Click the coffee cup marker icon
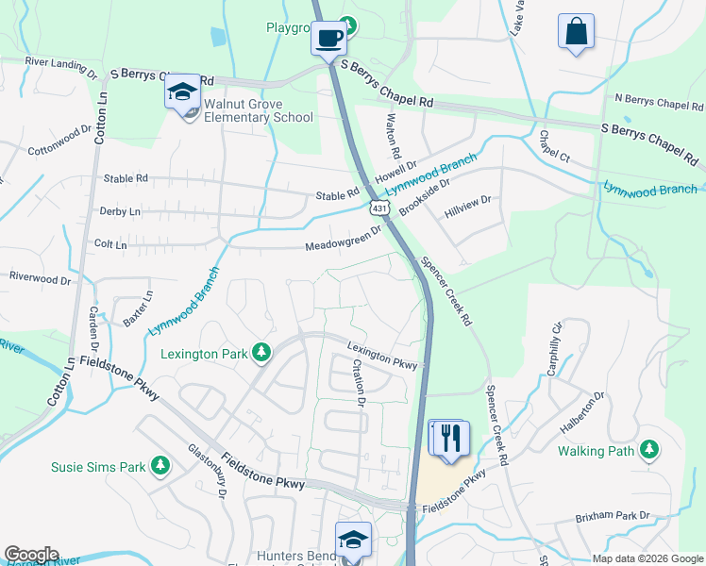(328, 39)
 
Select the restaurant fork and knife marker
(450, 438)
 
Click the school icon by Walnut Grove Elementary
(182, 92)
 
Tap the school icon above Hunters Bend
(353, 540)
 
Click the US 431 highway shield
(378, 207)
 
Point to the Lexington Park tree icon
(261, 353)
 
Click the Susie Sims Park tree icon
(160, 465)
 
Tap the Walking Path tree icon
(649, 450)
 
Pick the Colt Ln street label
(110, 244)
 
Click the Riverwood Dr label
(40, 278)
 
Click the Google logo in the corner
(31, 554)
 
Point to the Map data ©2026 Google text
(647, 558)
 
